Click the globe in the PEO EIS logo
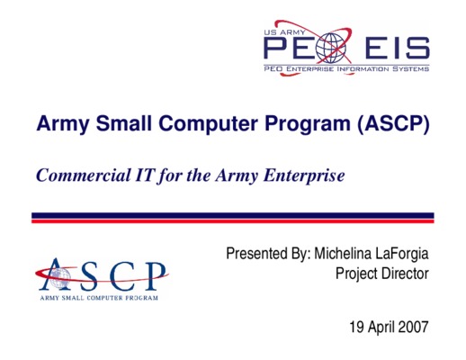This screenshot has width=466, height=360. tap(331, 48)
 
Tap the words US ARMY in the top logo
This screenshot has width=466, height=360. tap(284, 32)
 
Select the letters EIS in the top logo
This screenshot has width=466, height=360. tap(398, 49)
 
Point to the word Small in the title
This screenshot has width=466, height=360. tap(124, 123)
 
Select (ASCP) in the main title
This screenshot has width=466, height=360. tap(393, 124)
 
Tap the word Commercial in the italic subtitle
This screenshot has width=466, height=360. tap(84, 175)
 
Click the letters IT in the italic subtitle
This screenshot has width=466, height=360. tap(145, 175)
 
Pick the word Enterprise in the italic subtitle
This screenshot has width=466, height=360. tap(304, 176)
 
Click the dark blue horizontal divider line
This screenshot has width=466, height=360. tap(233, 215)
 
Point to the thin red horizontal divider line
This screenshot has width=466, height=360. tap(233, 221)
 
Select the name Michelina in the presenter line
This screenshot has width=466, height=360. tap(342, 254)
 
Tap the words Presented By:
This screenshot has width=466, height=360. tap(268, 254)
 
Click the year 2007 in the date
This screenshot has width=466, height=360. tap(413, 327)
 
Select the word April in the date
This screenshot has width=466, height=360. tap(381, 327)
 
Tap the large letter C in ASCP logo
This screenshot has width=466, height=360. tap(122, 276)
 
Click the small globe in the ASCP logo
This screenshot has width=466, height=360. tap(59, 277)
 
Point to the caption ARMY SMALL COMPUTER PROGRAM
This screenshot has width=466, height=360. tap(99, 298)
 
